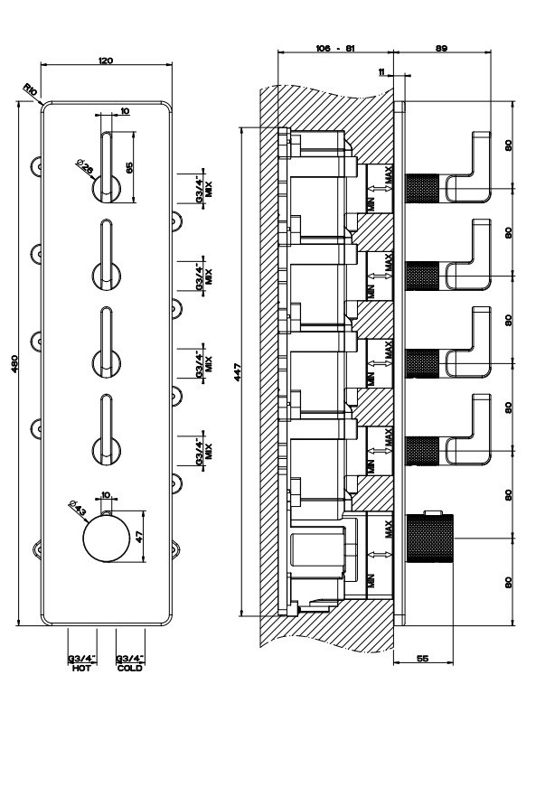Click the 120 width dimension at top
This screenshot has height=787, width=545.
(106, 60)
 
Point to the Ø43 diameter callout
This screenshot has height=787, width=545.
(78, 510)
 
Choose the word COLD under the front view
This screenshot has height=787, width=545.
(129, 668)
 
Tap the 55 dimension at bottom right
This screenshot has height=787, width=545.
(422, 659)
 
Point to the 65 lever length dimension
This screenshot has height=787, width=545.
(129, 167)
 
